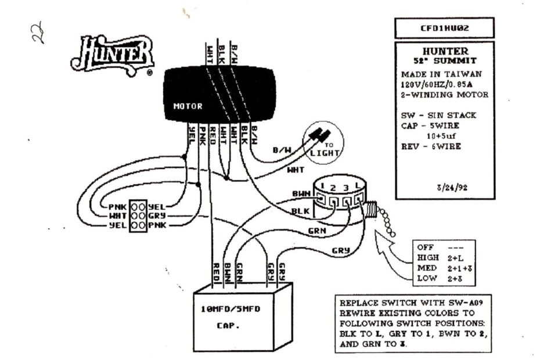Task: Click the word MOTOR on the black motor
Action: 188,107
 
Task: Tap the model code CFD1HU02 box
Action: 444,28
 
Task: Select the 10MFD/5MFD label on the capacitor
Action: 231,309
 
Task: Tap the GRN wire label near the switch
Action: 316,231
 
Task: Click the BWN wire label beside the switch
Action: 301,193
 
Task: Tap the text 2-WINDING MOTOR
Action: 444,95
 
